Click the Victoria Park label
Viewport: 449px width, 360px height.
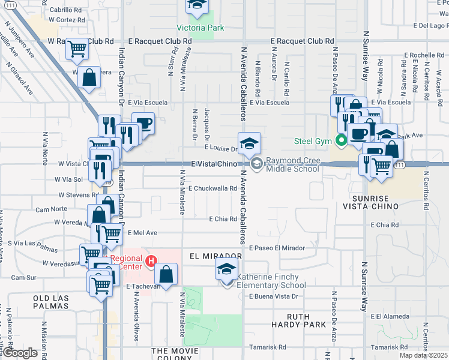pos(200,28)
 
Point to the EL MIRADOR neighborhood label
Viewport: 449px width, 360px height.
pos(215,256)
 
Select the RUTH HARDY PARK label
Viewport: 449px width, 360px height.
pos(306,320)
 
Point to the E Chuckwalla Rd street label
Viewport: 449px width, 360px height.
pos(212,188)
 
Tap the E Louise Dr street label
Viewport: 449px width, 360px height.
pos(221,148)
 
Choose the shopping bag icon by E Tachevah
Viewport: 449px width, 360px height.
pos(166,274)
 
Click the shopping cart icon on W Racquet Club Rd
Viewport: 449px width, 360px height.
pos(77,48)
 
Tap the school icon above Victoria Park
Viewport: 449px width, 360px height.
pos(196,5)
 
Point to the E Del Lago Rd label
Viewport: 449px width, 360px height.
pos(430,26)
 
